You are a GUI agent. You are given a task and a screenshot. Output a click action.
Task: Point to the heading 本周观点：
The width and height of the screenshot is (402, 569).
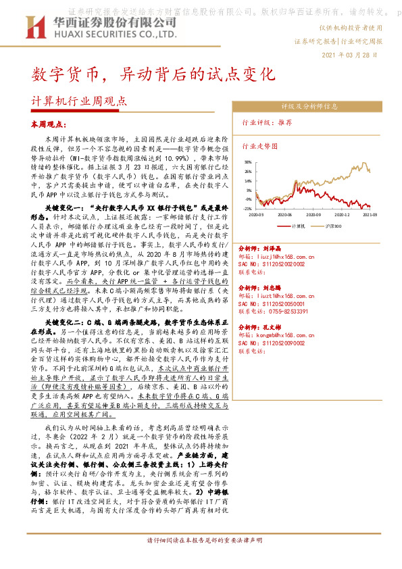[48, 125]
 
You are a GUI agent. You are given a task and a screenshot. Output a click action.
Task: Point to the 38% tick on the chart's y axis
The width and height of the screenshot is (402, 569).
[248, 162]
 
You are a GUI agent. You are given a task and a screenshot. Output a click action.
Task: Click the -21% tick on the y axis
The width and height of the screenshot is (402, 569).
[247, 209]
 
